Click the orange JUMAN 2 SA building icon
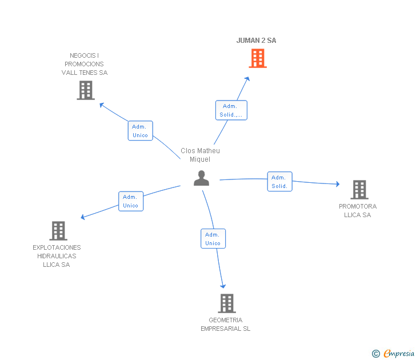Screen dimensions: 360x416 tap(258, 58)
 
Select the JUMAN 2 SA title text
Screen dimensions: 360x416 tap(257, 41)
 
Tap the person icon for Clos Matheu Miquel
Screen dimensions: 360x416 tap(201, 178)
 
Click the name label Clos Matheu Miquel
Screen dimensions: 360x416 tap(200, 155)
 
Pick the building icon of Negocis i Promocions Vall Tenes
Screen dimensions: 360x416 tap(86, 90)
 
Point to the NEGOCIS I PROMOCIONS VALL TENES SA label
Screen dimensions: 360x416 tap(85, 64)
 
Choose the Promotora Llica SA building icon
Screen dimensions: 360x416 tap(359, 190)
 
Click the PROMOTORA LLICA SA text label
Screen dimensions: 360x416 tap(358, 211)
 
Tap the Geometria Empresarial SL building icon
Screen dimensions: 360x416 tap(227, 303)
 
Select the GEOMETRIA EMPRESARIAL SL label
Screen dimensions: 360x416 tap(226, 325)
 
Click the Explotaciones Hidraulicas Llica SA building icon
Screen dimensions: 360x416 tap(58, 231)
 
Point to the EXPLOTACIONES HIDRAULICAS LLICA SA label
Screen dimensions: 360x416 tap(57, 256)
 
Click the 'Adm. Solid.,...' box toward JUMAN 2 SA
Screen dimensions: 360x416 tap(231, 110)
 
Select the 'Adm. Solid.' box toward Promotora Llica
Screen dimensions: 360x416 tap(279, 182)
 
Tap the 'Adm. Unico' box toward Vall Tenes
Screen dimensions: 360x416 tap(140, 131)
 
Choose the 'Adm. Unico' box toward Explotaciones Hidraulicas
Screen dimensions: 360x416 tap(131, 201)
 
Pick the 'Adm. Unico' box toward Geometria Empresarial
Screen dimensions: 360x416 tap(213, 239)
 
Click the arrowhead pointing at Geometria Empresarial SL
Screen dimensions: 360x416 tap(223, 286)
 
